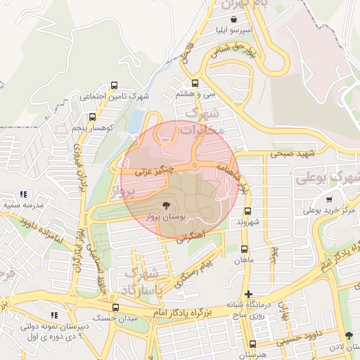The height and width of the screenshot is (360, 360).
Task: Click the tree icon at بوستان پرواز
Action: [x=167, y=205]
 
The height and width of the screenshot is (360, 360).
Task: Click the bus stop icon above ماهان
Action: [x=244, y=249]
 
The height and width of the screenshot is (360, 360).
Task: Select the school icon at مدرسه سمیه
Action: [x=22, y=194]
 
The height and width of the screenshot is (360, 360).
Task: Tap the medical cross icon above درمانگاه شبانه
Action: [x=248, y=294]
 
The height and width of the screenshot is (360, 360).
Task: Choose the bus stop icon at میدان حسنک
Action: [x=115, y=307]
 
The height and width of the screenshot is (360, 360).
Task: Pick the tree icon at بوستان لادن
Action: [x=349, y=336]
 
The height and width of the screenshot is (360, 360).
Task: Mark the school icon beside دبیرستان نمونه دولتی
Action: [x=53, y=316]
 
